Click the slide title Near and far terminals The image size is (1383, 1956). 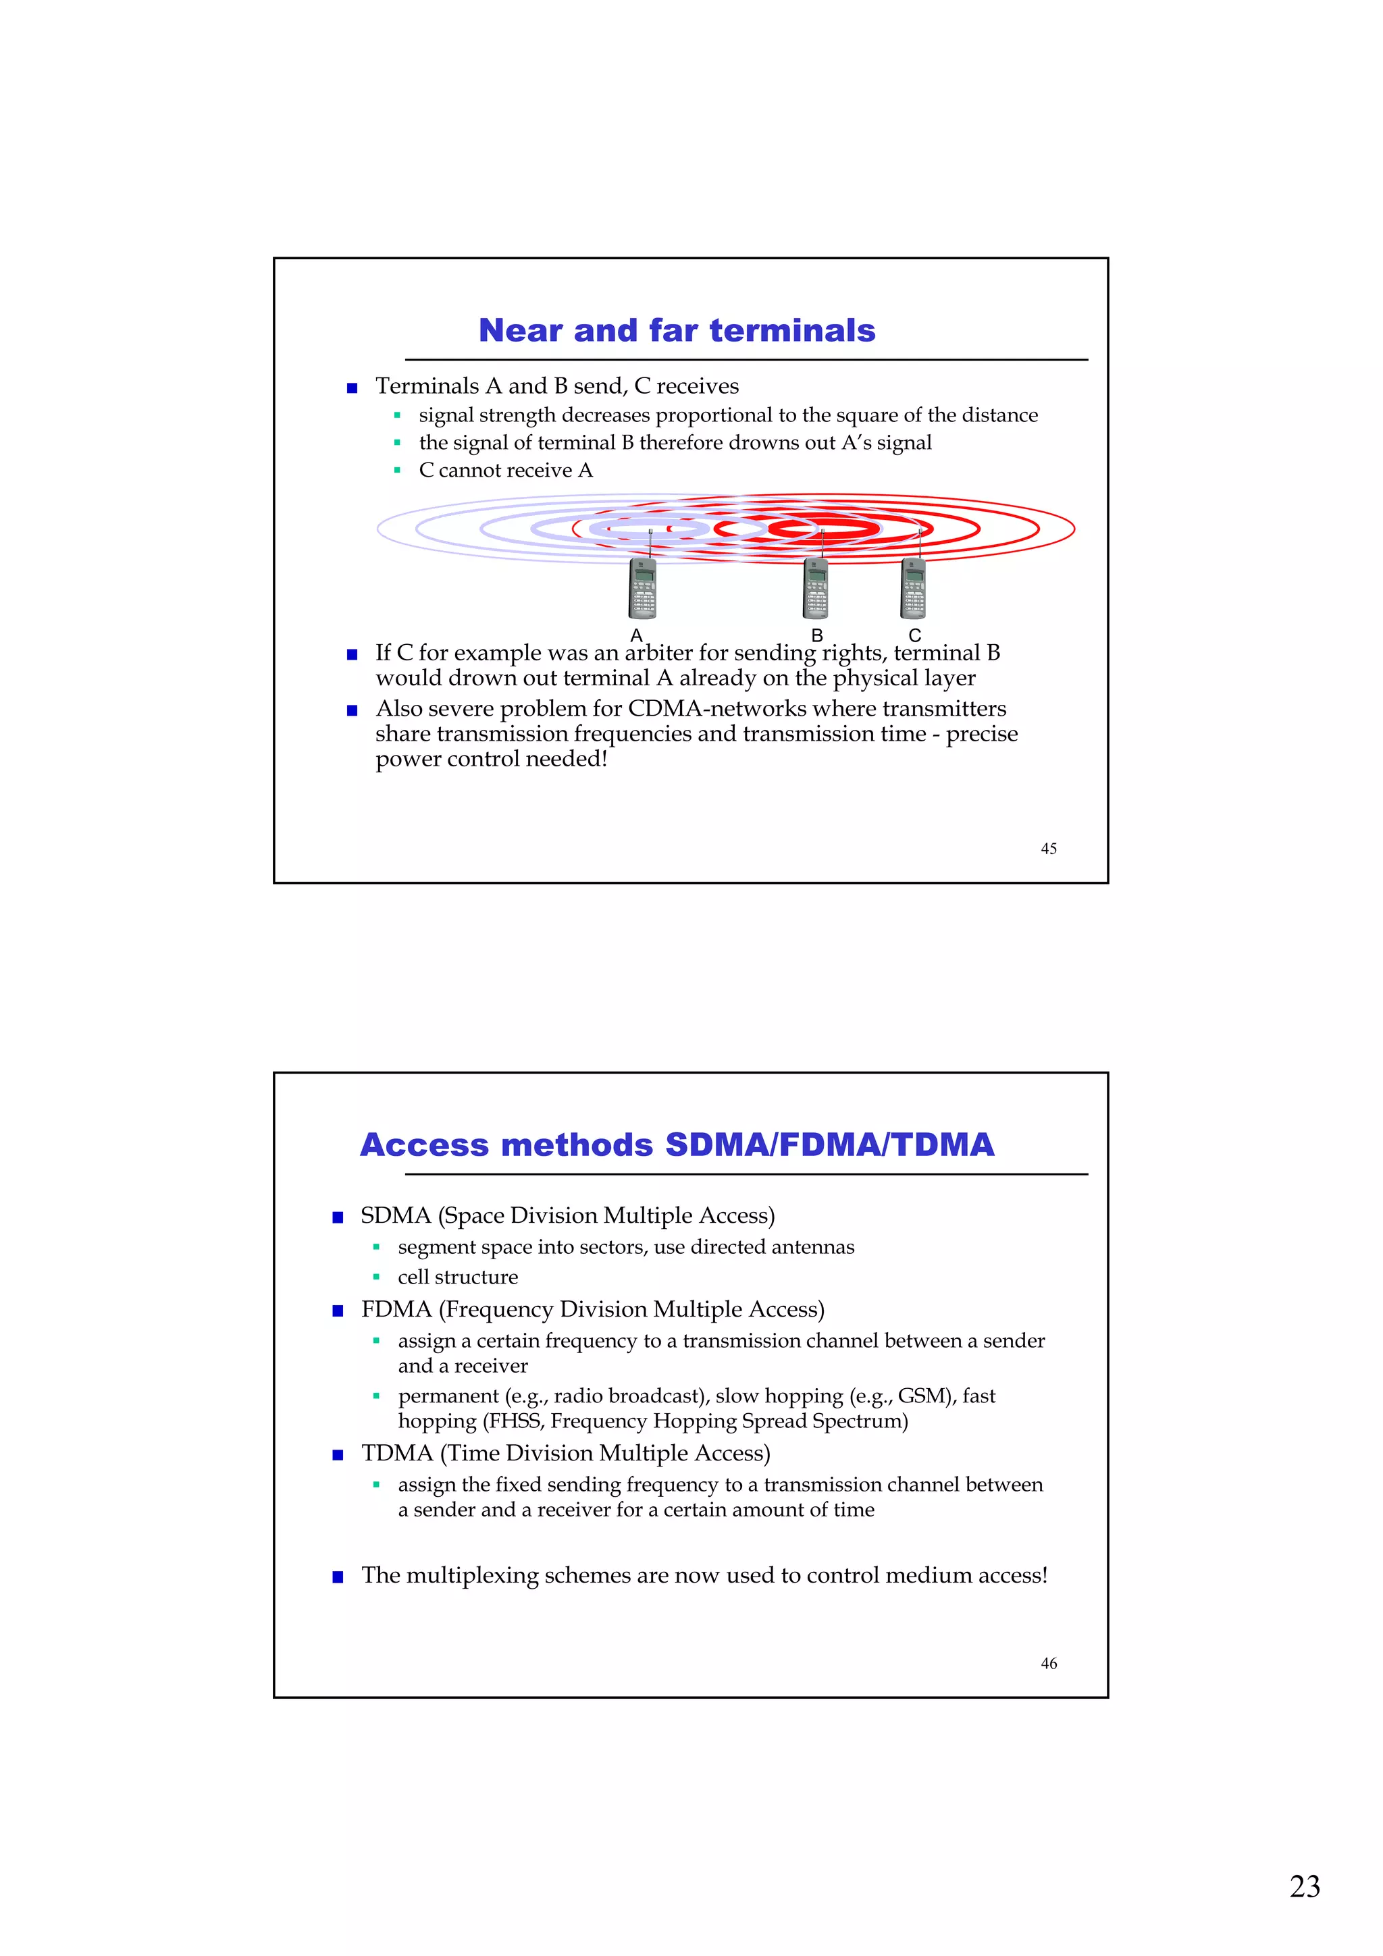pos(677,331)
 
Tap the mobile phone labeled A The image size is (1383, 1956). pos(642,588)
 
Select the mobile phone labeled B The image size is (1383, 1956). pos(816,588)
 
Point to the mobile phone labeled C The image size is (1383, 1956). pos(914,588)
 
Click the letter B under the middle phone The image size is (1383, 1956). pos(816,635)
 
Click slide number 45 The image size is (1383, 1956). pos(1048,849)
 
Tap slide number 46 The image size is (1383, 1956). pos(1048,1663)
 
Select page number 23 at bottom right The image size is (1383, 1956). pos(1304,1886)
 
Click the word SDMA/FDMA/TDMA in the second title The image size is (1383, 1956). pos(829,1145)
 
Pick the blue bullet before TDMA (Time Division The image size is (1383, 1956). pos(338,1455)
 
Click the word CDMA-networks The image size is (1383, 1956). pos(716,709)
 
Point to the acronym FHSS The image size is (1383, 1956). pos(514,1421)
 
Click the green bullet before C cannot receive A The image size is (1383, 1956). pos(397,470)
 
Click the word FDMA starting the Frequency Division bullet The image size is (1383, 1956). pos(396,1309)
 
